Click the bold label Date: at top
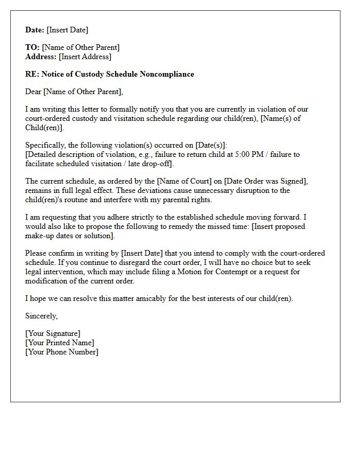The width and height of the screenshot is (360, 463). pos(35,30)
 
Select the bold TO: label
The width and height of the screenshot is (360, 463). pos(32,48)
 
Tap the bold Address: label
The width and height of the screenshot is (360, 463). pos(41,57)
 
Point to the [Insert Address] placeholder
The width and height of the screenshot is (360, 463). pos(85,57)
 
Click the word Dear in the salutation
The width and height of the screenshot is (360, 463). pos(33,92)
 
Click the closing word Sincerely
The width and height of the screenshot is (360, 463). pos(41,316)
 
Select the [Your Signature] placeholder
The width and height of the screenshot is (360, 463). pos(53,334)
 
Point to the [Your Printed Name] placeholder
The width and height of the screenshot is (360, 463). pos(60,343)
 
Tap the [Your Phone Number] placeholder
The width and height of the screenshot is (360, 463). pos(62,352)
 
